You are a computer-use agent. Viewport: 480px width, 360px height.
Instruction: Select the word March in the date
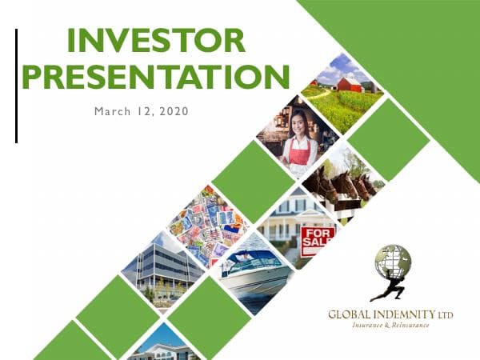coord(112,111)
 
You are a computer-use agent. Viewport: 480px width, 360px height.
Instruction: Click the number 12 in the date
coord(143,111)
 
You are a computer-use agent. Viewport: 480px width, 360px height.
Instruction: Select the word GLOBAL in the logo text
coord(349,315)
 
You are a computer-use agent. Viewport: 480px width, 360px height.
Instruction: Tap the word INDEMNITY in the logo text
coord(405,315)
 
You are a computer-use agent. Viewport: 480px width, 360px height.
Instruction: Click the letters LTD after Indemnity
coord(445,315)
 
